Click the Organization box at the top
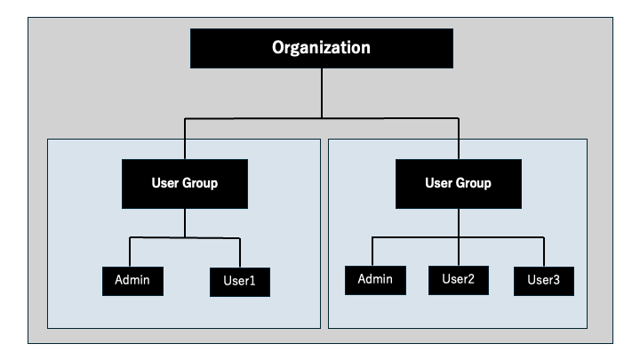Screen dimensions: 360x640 (321, 48)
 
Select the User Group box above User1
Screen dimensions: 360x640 (185, 185)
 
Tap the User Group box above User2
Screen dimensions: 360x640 (458, 185)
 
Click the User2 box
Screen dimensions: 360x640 (458, 279)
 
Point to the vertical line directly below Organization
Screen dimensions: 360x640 (321, 92)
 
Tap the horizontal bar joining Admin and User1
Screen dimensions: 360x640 (185, 237)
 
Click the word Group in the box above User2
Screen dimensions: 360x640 (473, 185)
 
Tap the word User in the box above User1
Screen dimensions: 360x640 (166, 185)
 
